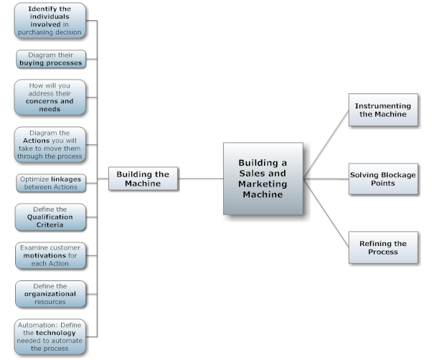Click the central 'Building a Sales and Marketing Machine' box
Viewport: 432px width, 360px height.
pyautogui.click(x=263, y=179)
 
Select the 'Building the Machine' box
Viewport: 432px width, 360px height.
pyautogui.click(x=143, y=179)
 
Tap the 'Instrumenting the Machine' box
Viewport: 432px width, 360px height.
pyautogui.click(x=382, y=110)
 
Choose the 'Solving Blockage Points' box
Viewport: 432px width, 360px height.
pyautogui.click(x=382, y=179)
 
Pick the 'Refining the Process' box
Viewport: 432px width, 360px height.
pyautogui.click(x=382, y=247)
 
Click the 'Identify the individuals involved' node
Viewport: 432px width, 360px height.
pyautogui.click(x=50, y=20)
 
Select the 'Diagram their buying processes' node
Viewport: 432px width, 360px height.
pyautogui.click(x=50, y=59)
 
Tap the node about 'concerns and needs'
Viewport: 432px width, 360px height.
pyautogui.click(x=50, y=98)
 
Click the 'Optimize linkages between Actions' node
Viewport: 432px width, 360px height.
pyautogui.click(x=50, y=182)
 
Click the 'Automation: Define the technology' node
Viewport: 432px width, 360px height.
pyautogui.click(x=50, y=336)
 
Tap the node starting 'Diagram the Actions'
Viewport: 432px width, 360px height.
pyautogui.click(x=50, y=144)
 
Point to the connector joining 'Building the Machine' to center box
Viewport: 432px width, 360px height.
pyautogui.click(x=200, y=179)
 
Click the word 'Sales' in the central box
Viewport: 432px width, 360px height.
pyautogui.click(x=252, y=174)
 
